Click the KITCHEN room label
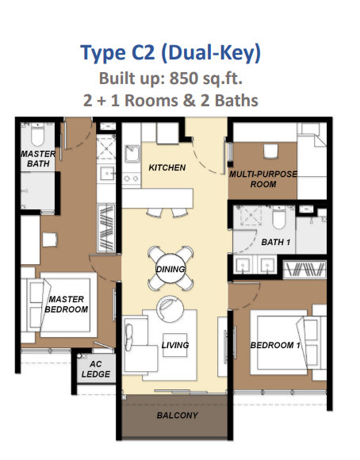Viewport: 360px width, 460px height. pos(167,167)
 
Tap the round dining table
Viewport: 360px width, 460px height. pos(170,269)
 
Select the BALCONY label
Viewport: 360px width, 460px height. pos(177,416)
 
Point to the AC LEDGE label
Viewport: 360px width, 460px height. pos(96,369)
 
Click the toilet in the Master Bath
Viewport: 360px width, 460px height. pos(37,134)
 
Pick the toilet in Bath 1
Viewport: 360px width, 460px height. pos(278,217)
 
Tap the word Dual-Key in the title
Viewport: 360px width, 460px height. pos(211,53)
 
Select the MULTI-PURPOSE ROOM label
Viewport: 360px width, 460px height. pos(263,179)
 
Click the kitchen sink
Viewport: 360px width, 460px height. pos(132,153)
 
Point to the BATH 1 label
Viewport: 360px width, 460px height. pos(275,242)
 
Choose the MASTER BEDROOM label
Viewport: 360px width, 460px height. pos(67,305)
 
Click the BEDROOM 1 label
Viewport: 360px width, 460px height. pos(275,345)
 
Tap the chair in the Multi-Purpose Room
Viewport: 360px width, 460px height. pos(270,151)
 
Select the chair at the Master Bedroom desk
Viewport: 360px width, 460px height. pos(50,240)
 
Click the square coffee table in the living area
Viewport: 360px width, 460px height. pos(175,345)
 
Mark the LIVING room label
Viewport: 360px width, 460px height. pos(175,345)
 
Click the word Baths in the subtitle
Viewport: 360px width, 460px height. pos(236,101)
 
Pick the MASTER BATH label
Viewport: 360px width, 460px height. pos(38,159)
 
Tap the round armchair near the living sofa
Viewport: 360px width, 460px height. pos(170,309)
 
